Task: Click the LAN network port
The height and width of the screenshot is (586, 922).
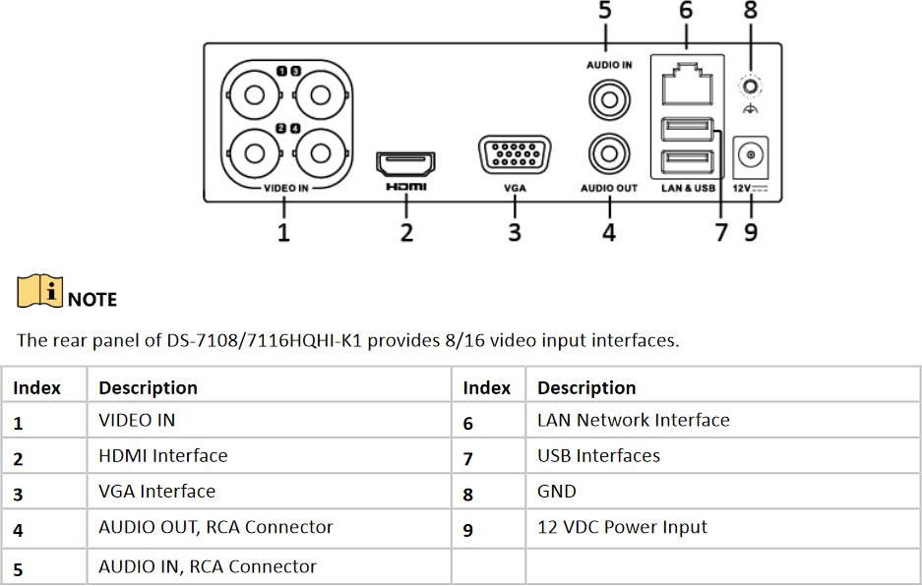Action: (x=686, y=85)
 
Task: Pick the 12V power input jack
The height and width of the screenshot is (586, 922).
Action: (x=752, y=155)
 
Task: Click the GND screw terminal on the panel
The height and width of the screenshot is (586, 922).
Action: (x=751, y=87)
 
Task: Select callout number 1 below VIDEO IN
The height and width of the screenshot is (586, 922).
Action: (x=283, y=232)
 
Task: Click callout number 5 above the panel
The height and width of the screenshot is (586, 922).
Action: (x=604, y=12)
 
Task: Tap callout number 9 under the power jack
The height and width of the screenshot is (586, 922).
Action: (x=752, y=232)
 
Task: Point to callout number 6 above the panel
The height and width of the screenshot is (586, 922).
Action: (x=685, y=12)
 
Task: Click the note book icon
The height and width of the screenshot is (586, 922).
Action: (x=39, y=291)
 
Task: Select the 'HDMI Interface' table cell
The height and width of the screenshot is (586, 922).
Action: (x=163, y=455)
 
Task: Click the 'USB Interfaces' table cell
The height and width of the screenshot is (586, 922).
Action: (x=598, y=455)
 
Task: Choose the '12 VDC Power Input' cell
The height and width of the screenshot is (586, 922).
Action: (x=622, y=527)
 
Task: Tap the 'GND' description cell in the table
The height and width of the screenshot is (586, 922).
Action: (x=557, y=491)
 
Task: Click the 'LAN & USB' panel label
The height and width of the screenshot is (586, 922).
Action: (x=688, y=187)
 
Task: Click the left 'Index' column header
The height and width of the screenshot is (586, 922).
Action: (x=37, y=387)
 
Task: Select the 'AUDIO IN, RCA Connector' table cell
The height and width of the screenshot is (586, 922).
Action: (x=208, y=566)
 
